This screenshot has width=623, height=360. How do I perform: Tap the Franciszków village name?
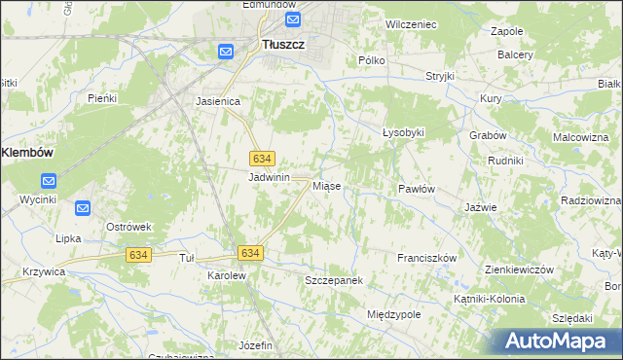coord(426,258)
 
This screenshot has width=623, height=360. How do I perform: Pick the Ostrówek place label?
coord(129,227)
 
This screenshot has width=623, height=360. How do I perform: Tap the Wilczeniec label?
coord(410,22)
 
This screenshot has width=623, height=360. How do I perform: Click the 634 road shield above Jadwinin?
coord(261,158)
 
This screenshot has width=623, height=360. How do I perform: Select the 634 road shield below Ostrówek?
coord(138,254)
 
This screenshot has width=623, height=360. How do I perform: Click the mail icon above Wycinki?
coord(49,180)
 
